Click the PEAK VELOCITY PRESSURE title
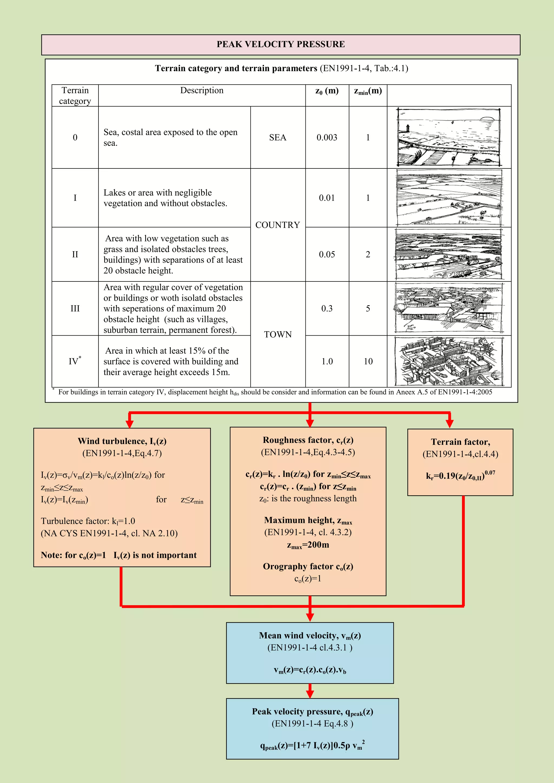pos(281,44)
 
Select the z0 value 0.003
pos(327,137)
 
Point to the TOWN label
pos(278,334)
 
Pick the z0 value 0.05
pos(327,254)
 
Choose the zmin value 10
pos(368,361)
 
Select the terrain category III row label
pos(75,308)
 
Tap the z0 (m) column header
pos(327,91)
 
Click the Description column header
pos(202,90)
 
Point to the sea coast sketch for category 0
pos(449,137)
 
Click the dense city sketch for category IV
pos(449,361)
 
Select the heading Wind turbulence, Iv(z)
pos(122,441)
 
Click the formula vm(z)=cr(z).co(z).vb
pos(310,670)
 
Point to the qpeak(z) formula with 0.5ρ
pos(312,745)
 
